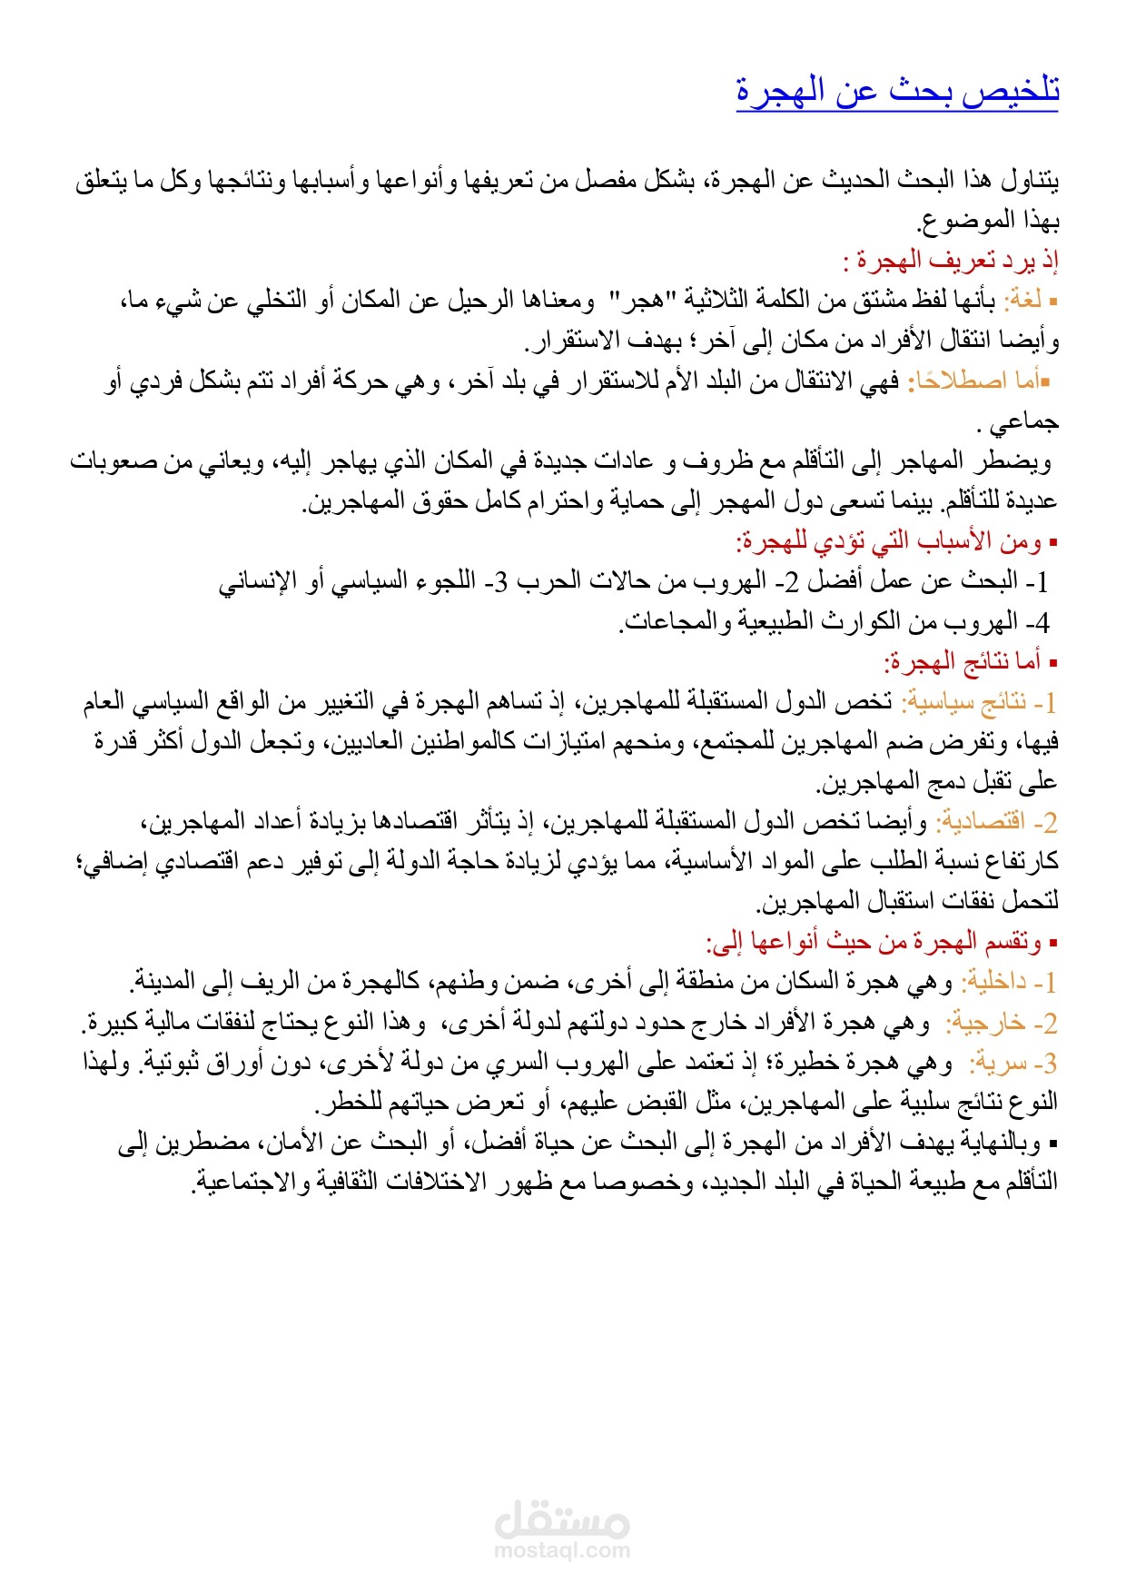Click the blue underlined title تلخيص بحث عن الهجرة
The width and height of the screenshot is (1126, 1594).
897,92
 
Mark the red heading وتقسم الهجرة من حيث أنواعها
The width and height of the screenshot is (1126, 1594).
878,942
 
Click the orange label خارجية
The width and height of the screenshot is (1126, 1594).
988,1023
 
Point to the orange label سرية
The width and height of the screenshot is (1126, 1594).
1000,1063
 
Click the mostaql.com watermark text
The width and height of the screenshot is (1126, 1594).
562,1551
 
